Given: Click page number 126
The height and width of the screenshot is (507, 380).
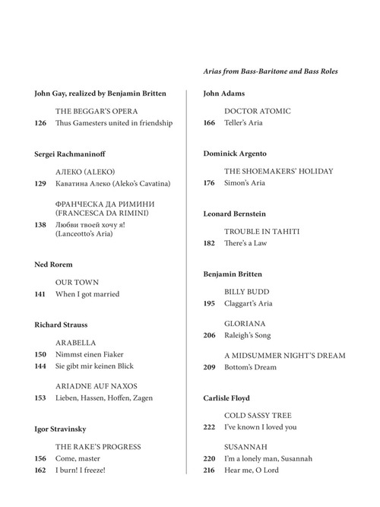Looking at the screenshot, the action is [41, 123].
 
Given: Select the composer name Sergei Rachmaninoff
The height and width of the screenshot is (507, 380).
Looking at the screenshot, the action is [71, 154].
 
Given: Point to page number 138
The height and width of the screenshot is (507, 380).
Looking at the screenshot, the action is [41, 225].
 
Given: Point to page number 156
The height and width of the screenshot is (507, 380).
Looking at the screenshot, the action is [41, 458].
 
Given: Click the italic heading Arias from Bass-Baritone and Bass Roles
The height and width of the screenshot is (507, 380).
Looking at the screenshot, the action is [271, 71].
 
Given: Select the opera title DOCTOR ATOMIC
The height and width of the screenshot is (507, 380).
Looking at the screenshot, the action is [258, 111].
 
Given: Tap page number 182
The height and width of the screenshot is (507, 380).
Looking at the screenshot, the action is [210, 243].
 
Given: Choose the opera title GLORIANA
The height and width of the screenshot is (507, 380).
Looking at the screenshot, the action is [245, 324].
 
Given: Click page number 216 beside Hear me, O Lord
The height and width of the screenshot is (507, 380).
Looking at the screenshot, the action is [210, 471].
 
